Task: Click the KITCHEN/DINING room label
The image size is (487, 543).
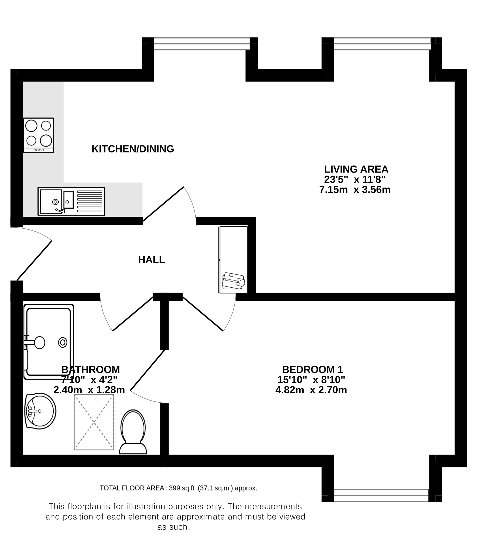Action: coord(133,149)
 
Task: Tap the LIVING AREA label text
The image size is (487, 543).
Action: coord(356,169)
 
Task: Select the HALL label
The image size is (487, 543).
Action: coord(152,260)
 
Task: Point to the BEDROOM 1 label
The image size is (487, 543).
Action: coord(313,370)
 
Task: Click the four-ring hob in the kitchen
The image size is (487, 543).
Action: coord(39,136)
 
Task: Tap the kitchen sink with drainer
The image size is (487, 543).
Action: coord(71,201)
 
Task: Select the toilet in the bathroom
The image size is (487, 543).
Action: coord(133,432)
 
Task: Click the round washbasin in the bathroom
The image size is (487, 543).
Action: coord(40,411)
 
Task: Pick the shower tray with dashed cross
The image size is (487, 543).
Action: coord(94,422)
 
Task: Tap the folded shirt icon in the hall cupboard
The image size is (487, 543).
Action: coord(233,281)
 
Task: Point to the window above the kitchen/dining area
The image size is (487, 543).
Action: coord(202,44)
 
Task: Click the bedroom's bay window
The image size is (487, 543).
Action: coord(381,495)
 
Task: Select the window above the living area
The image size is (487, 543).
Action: coord(382,44)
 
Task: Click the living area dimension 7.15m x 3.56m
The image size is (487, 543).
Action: coord(355,190)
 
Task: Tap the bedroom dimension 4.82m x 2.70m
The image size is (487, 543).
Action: coord(311,390)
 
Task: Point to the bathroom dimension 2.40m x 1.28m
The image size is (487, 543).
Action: coord(89,390)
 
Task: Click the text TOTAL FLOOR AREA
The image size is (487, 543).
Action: coord(132,488)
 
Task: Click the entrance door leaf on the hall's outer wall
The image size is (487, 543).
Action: coord(34,261)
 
